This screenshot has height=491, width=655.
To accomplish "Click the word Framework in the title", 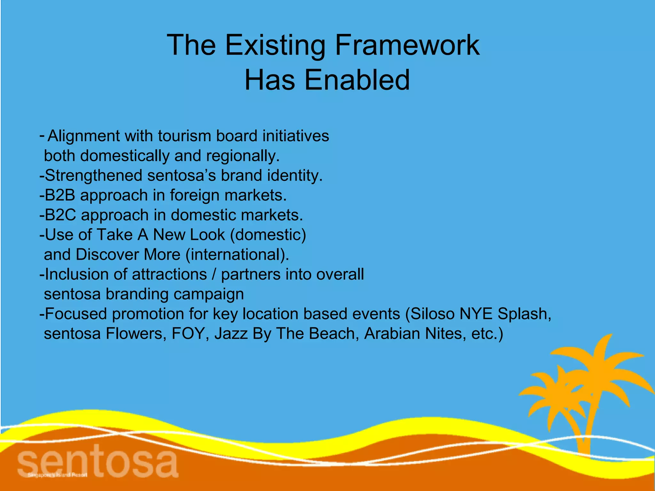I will click(x=407, y=45).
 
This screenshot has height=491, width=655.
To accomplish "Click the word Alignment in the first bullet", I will click(x=83, y=136).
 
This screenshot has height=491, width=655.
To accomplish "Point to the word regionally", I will click(x=243, y=156).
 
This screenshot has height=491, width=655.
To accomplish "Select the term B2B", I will click(x=60, y=195).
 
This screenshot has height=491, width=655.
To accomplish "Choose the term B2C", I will click(x=60, y=215).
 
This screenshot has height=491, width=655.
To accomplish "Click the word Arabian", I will click(x=392, y=334).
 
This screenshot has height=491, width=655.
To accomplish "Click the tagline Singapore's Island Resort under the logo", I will click(x=58, y=475).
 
